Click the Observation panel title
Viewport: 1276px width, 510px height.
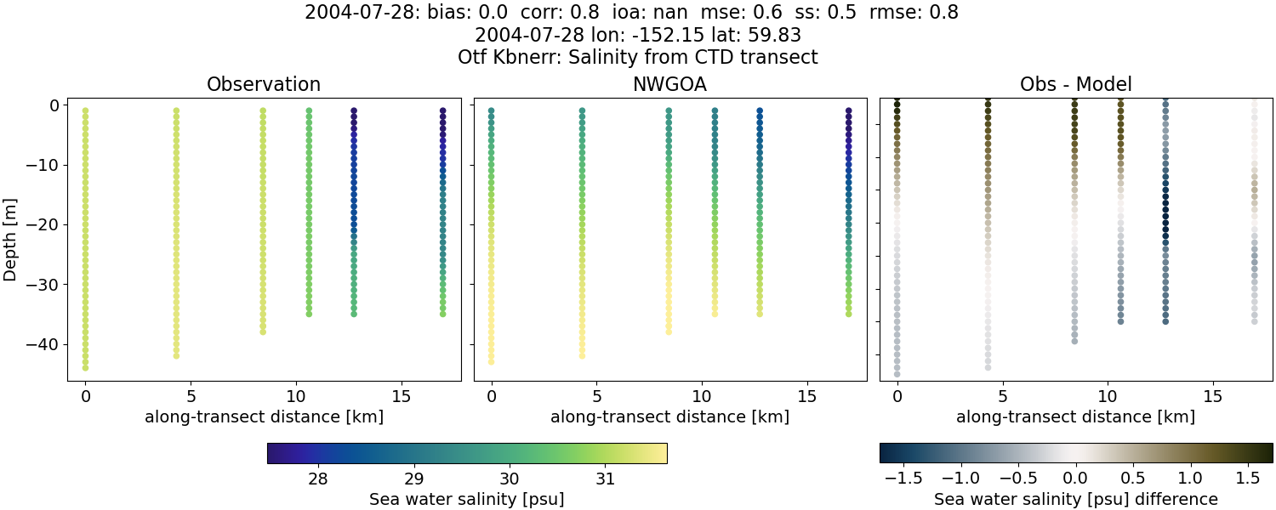(264, 85)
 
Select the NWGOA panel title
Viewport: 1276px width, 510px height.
(669, 85)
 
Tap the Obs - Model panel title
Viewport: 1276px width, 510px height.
(1075, 85)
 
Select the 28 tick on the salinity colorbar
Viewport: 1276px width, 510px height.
(318, 479)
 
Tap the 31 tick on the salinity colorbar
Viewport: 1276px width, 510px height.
(605, 479)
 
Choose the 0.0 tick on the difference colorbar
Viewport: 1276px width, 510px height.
(1076, 479)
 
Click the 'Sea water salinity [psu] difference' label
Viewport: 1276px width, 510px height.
(1075, 499)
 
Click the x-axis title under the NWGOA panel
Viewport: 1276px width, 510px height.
(669, 417)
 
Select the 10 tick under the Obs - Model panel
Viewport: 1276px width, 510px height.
(1108, 397)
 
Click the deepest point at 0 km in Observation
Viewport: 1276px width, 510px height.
(85, 368)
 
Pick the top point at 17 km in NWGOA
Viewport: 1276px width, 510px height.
(848, 110)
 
